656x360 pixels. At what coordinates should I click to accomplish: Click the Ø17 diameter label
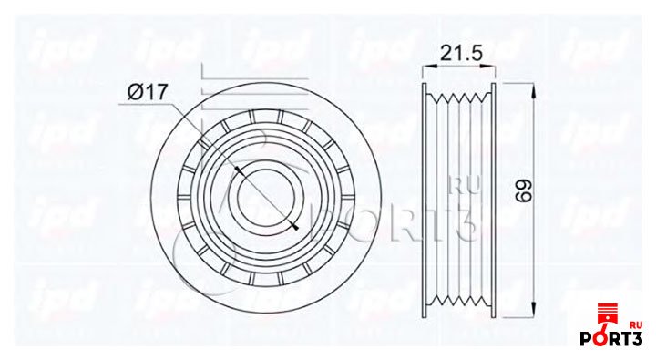(148, 92)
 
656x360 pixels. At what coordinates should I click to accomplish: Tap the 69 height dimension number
(524, 191)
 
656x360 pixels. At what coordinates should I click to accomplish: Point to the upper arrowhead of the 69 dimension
(534, 89)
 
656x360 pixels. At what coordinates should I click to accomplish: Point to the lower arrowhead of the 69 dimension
(534, 310)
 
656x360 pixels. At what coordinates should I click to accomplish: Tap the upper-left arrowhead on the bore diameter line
(239, 170)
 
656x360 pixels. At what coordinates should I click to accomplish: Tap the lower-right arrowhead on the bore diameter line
(294, 226)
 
